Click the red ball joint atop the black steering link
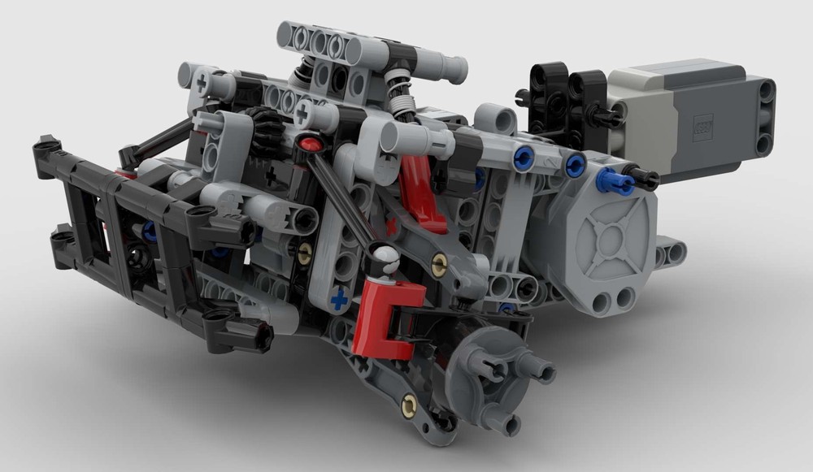[308, 145]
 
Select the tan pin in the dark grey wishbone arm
[440, 262]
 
